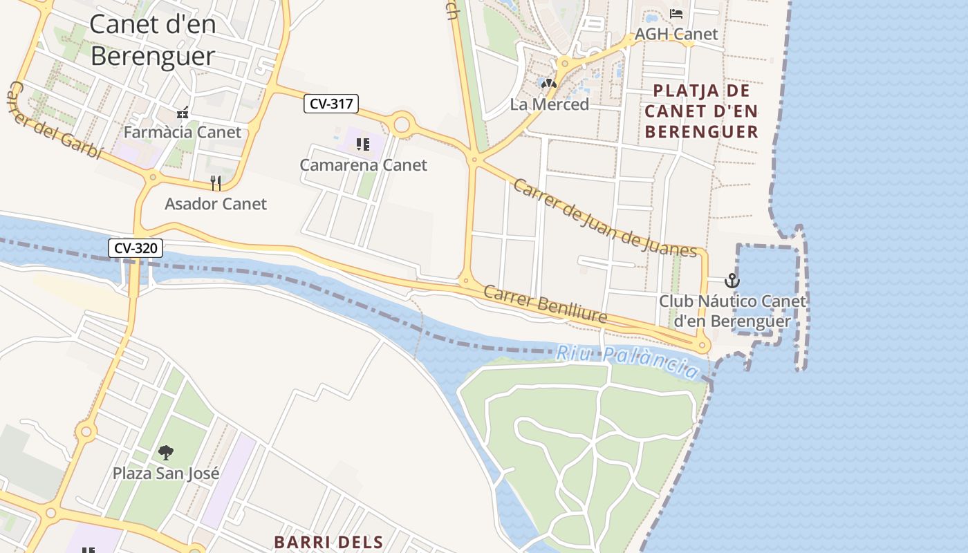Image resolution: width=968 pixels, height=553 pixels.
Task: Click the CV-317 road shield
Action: (331, 104)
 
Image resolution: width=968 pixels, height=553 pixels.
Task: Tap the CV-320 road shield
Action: (135, 247)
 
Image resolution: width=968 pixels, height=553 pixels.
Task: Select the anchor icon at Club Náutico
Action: (732, 281)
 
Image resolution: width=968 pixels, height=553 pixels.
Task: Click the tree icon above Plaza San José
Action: (165, 453)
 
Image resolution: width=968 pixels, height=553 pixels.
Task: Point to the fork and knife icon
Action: (216, 182)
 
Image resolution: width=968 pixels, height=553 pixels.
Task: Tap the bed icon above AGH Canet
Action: (676, 13)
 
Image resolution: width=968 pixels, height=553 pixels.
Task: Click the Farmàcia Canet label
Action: (183, 132)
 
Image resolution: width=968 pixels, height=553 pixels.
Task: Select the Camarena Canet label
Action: (363, 165)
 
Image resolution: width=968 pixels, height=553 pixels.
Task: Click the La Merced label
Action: (549, 104)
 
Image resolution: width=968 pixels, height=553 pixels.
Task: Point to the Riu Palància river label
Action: (627, 362)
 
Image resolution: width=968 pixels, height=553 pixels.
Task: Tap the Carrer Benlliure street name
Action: (545, 305)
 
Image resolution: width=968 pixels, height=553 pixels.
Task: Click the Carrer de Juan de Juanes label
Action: (604, 218)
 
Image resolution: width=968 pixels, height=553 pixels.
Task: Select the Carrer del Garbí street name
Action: (55, 121)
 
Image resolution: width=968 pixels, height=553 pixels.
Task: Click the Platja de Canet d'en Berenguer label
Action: (701, 111)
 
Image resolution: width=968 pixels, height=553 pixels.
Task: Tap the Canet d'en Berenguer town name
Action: (153, 40)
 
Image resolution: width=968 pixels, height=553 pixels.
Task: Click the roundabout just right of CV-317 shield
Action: (401, 125)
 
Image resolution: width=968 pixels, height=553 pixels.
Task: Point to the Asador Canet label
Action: (215, 204)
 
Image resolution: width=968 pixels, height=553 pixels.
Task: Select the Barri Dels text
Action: (328, 542)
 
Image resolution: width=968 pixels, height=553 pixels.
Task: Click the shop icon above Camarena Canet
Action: (362, 144)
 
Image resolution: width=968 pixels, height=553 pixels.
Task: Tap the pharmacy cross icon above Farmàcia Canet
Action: (183, 113)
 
